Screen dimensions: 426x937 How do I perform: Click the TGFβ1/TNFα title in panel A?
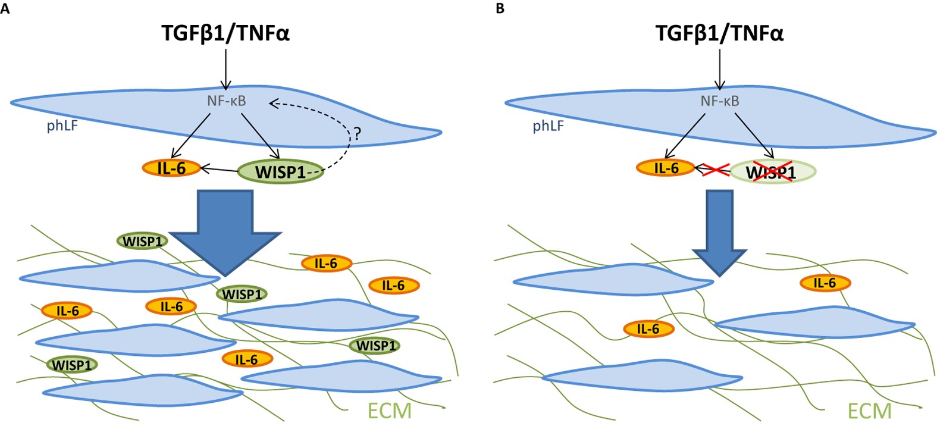pos(225,33)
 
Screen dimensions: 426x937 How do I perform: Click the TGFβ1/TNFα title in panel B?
pos(719,33)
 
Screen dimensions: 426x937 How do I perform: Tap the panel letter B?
pos(500,9)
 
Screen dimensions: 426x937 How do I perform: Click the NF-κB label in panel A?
pos(226,101)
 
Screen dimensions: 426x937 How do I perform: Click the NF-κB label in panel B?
pos(720,101)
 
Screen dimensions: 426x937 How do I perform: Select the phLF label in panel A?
pos(62,126)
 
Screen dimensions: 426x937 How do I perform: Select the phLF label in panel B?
pos(548,126)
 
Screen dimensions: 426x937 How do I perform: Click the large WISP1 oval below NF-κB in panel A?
pos(280,172)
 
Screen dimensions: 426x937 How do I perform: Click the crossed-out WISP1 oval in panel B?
pos(772,172)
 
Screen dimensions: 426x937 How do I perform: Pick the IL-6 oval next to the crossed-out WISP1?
pos(666,168)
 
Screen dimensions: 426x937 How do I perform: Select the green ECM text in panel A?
pos(389,411)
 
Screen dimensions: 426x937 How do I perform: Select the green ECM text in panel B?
pos(869,411)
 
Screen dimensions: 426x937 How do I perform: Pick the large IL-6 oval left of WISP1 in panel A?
pos(171,168)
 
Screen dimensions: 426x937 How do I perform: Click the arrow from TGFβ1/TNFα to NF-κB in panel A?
pos(225,68)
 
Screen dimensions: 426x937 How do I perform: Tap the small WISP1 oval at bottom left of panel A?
pos(72,365)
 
